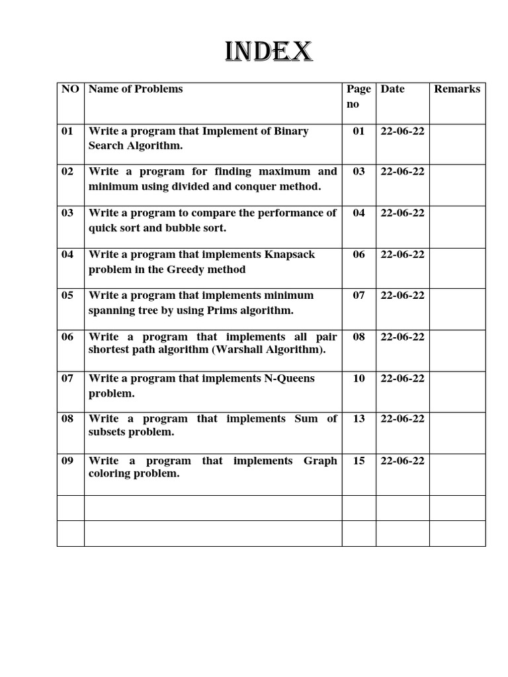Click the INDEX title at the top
point(268,52)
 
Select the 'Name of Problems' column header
point(136,89)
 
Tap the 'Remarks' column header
point(457,89)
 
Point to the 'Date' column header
point(392,89)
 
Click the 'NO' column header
point(70,89)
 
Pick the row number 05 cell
point(67,296)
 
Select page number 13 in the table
point(359,418)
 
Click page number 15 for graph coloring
point(359,461)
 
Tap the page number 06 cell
point(359,255)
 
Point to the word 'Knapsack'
point(290,255)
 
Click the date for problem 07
point(402,378)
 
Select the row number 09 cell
point(67,461)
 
